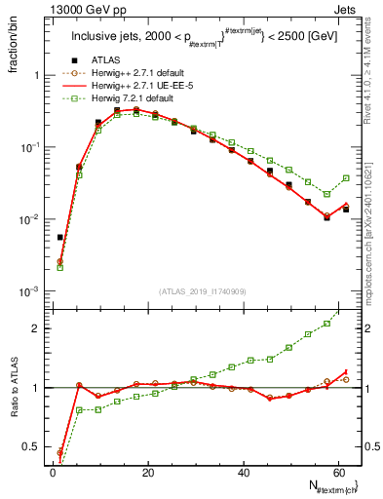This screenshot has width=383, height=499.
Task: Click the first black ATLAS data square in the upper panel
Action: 60,237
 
